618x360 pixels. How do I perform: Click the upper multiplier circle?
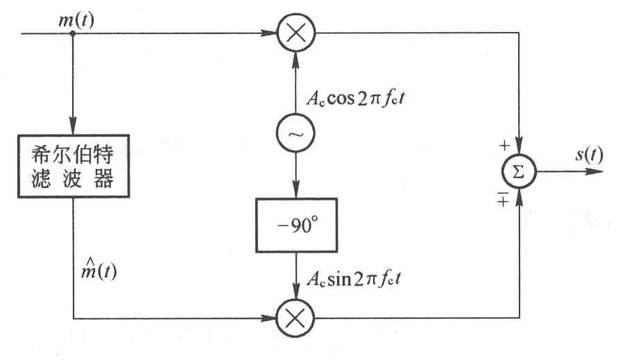[x=296, y=33]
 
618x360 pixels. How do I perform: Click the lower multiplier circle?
[x=296, y=319]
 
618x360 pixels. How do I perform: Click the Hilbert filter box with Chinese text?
[x=73, y=166]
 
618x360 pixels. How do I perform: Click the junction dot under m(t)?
[x=73, y=33]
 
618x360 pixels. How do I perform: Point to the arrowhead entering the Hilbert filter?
[x=73, y=128]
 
